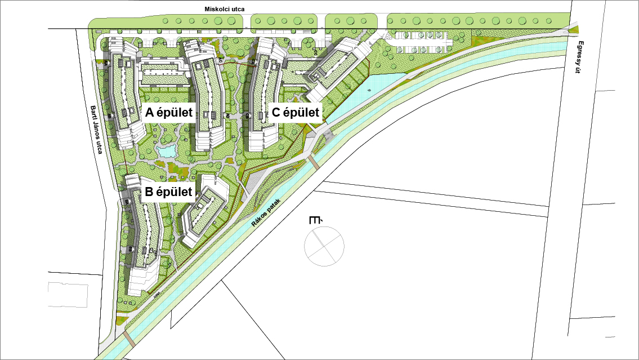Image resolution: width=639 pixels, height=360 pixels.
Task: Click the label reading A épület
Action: pyautogui.click(x=169, y=112)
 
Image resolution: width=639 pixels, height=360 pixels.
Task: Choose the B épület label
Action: pyautogui.click(x=169, y=192)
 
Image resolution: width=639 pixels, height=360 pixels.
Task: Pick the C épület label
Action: pyautogui.click(x=296, y=112)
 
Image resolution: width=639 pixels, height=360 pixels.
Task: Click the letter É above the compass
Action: pyautogui.click(x=315, y=220)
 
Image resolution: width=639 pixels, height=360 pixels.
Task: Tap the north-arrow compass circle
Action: pyautogui.click(x=324, y=246)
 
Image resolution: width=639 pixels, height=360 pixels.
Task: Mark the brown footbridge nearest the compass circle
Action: pyautogui.click(x=311, y=163)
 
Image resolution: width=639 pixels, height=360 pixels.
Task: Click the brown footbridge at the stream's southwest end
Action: pyautogui.click(x=129, y=338)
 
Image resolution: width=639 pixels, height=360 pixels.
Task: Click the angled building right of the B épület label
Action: pyautogui.click(x=203, y=212)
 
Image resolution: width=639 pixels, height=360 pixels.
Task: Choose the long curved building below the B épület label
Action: pyautogui.click(x=144, y=237)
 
